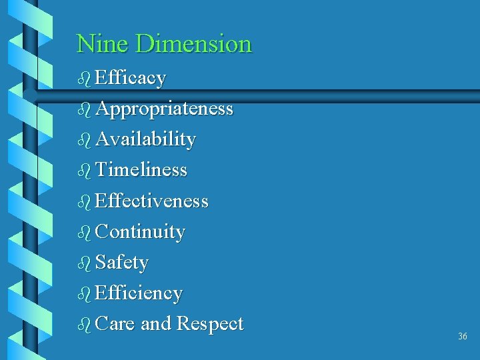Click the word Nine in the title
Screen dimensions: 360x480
pos(103,44)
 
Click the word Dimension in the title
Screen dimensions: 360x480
pos(193,44)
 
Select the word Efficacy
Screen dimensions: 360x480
pos(131,79)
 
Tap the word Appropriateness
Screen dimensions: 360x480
pos(164,109)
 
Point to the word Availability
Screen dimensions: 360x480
pos(145,139)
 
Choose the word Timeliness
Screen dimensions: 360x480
pos(141,170)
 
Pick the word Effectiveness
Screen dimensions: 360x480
pos(152,201)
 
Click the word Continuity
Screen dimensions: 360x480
pos(140,232)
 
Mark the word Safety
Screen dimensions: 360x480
pos(122,263)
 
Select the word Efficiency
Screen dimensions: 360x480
pos(139,293)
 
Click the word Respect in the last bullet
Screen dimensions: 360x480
pos(210,324)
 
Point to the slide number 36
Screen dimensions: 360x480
pos(463,337)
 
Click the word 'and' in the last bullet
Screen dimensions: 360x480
pos(157,324)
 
